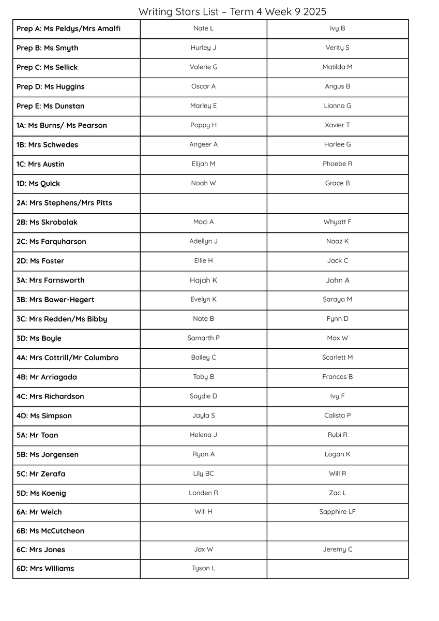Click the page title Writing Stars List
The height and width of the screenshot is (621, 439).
[232, 11]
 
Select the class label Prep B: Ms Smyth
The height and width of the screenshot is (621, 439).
[48, 48]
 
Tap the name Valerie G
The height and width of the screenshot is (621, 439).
[203, 67]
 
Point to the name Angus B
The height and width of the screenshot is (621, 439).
[337, 86]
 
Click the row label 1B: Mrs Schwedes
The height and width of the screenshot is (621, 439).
[47, 145]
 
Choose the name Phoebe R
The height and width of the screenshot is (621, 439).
[337, 164]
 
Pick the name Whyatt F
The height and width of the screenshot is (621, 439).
[337, 222]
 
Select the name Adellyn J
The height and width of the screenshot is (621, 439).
[203, 241]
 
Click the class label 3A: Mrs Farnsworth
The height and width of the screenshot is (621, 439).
[50, 280]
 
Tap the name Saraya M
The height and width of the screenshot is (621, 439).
[337, 299]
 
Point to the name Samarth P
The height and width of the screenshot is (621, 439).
[203, 338]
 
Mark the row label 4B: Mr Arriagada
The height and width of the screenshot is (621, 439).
[47, 377]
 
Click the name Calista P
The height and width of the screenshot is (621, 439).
[337, 416]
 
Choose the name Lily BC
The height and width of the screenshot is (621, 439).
[203, 474]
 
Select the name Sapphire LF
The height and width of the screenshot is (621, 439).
[337, 512]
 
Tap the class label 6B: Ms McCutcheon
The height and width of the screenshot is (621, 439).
[50, 531]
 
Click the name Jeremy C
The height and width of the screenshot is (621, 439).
[337, 550]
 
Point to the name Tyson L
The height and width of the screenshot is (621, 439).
[203, 568]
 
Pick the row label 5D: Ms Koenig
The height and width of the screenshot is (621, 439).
[41, 493]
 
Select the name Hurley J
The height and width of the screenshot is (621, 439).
[203, 48]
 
